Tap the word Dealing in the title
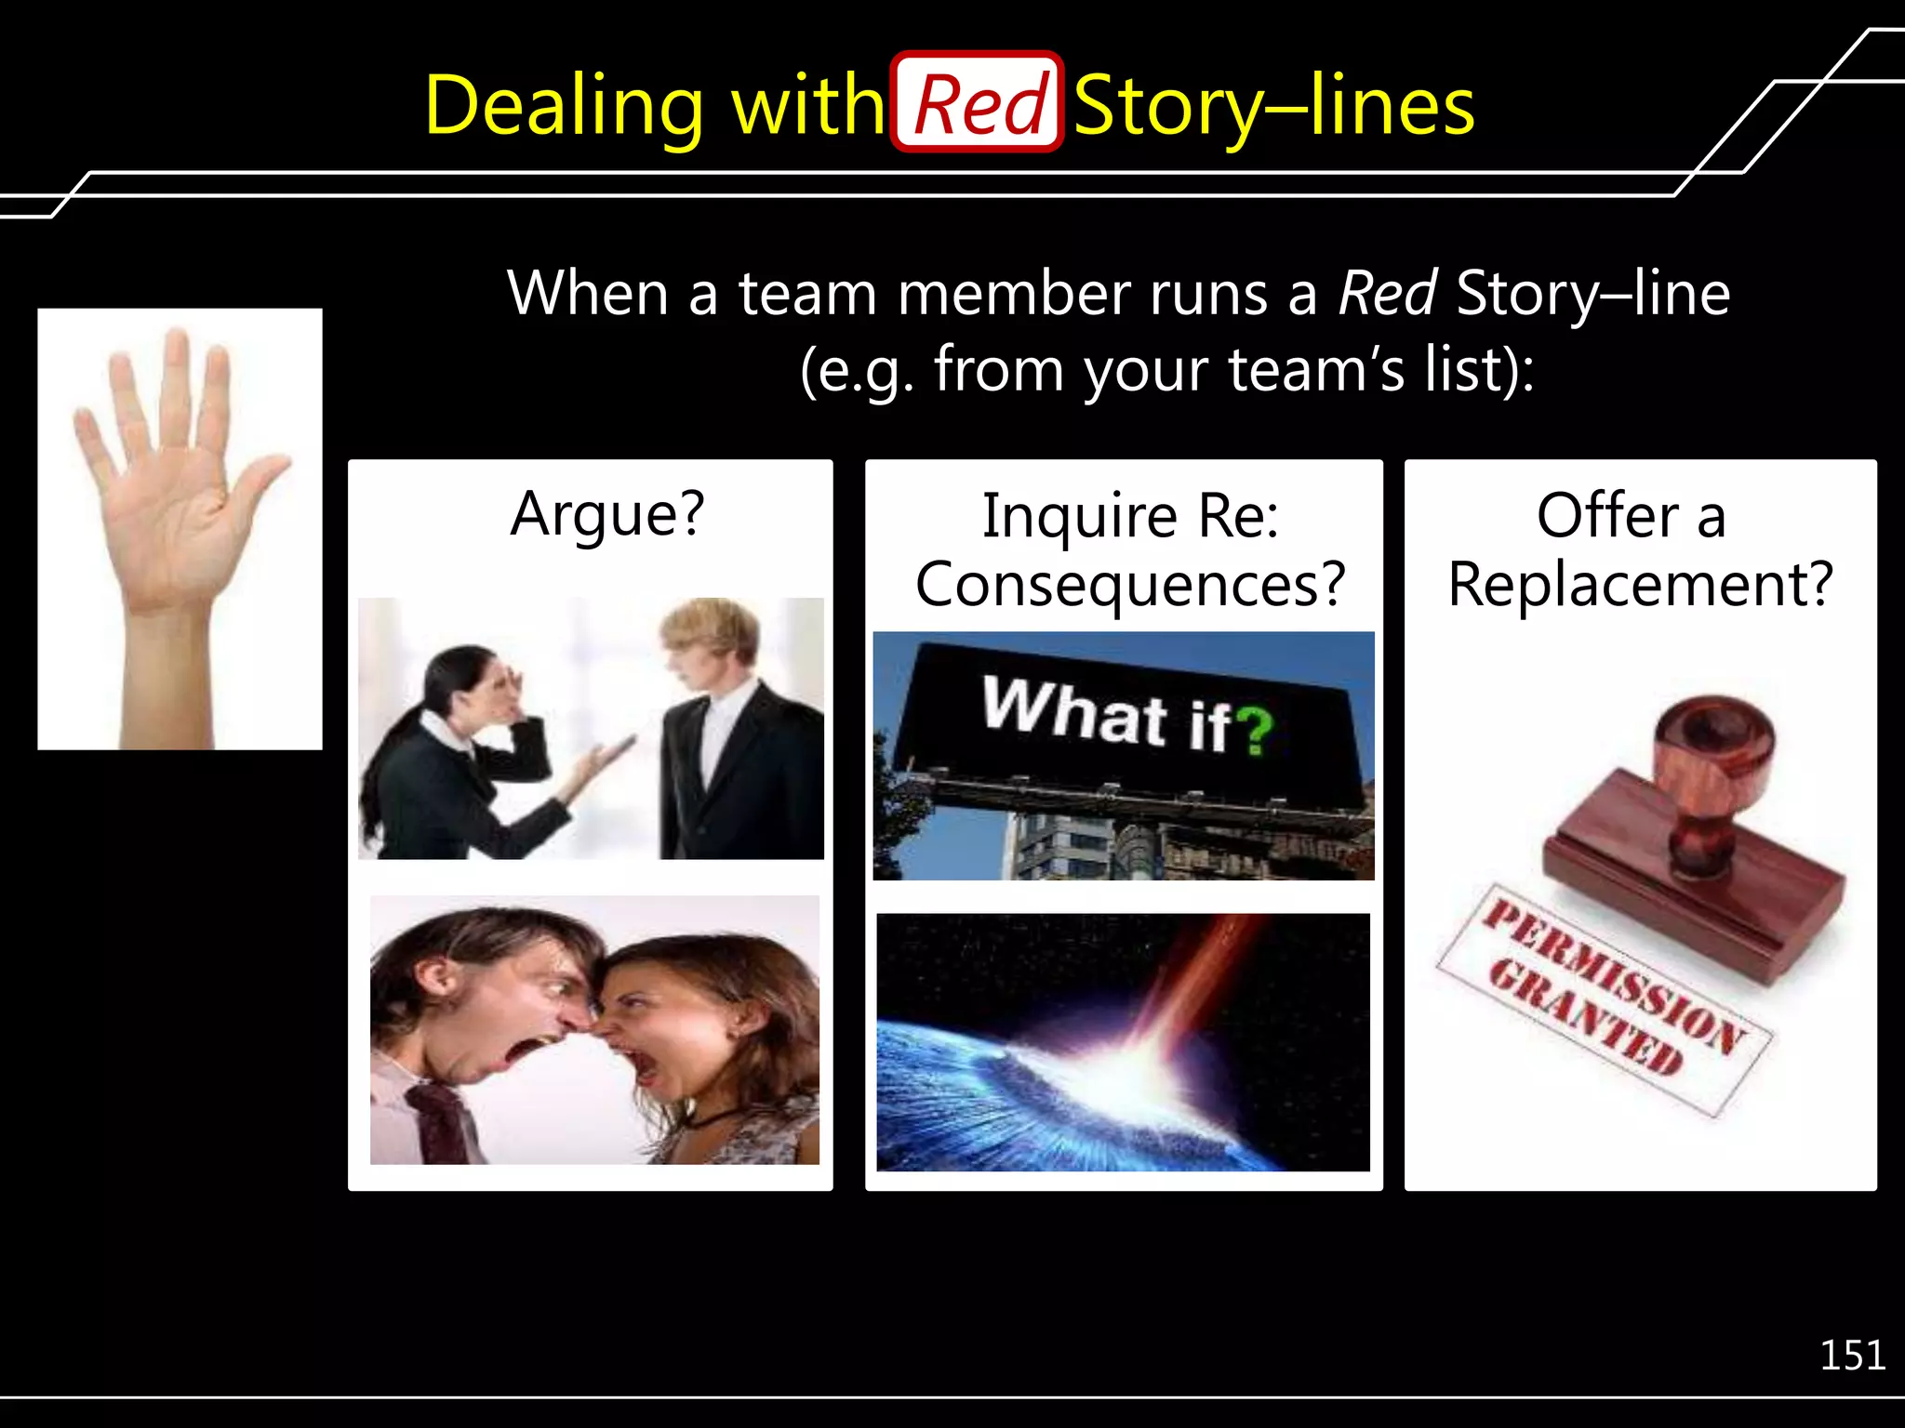(x=564, y=108)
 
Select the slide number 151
(x=1851, y=1355)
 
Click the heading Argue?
(x=607, y=514)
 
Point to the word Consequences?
(x=1129, y=584)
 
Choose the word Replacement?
(x=1640, y=584)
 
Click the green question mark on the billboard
(x=1256, y=730)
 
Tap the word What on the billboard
(x=1074, y=710)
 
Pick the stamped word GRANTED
(x=1586, y=1016)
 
